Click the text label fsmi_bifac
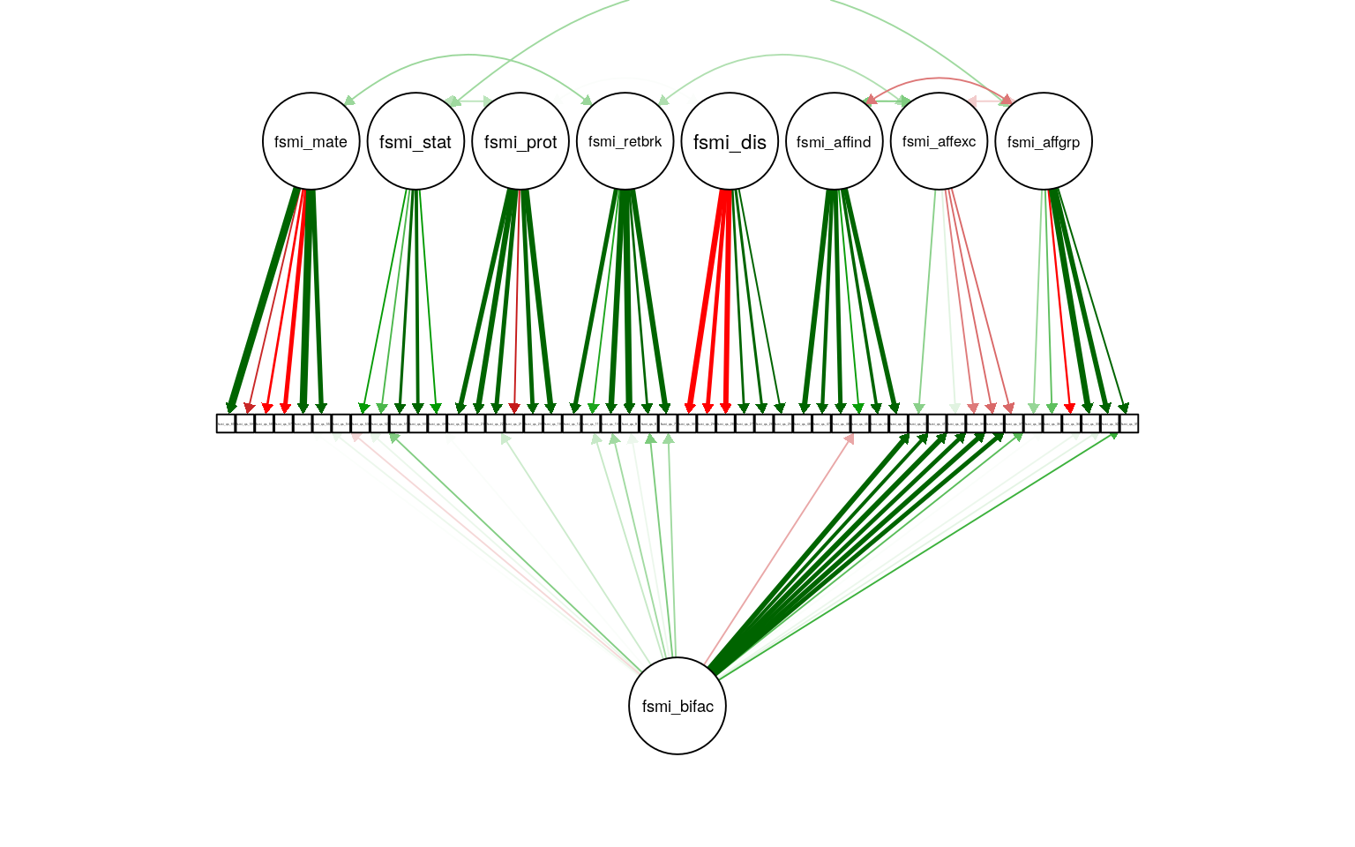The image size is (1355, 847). point(677,707)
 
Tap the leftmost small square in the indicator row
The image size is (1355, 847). point(226,423)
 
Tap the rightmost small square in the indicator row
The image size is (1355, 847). point(1129,423)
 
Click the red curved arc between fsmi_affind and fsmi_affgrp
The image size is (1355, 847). point(940,79)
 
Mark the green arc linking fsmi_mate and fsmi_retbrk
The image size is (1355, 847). point(468,56)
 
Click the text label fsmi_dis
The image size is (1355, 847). point(730,142)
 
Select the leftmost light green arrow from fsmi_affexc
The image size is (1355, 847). point(927,300)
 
